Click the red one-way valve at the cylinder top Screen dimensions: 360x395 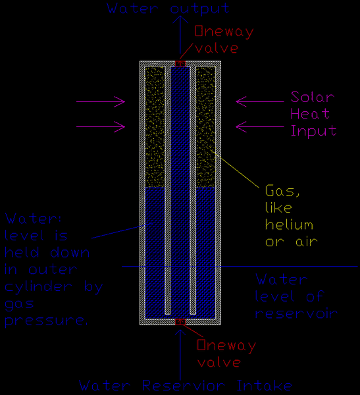point(180,63)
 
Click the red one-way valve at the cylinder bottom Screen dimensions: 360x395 point(180,322)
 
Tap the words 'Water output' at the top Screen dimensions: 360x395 point(168,9)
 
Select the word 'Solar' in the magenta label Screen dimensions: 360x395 point(313,97)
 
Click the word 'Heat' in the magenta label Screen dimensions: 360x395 point(310,114)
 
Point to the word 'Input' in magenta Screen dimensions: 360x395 point(313,131)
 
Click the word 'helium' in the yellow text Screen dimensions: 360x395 point(289,224)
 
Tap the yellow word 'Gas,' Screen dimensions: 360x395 point(282,191)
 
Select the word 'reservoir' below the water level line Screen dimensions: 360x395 point(296,313)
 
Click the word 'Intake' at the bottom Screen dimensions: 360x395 point(265,386)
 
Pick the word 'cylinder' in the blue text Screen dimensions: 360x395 point(39,287)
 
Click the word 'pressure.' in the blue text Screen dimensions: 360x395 point(46,321)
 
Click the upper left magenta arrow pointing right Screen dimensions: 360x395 point(101,102)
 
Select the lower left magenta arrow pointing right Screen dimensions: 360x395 point(101,126)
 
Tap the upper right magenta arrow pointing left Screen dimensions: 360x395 point(260,102)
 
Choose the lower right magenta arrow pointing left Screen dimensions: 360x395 point(260,126)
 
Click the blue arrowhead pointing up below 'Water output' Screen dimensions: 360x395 point(180,19)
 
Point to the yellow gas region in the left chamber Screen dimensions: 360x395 point(155,127)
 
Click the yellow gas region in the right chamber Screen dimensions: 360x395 point(205,127)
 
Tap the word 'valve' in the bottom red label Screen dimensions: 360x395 point(219,362)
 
